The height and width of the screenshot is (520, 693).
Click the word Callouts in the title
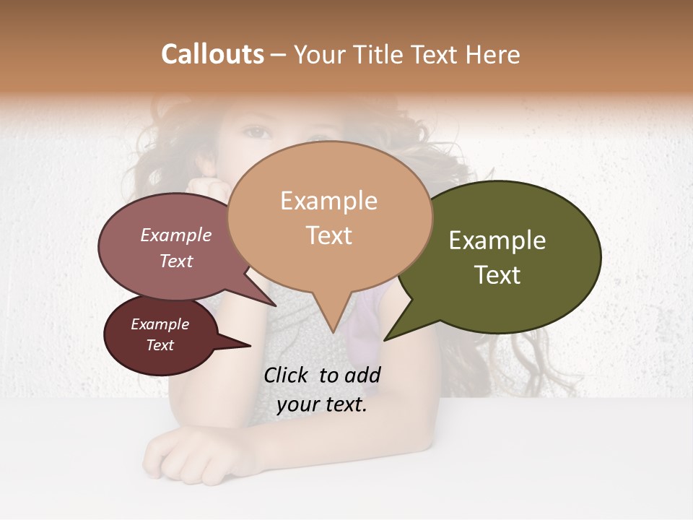click(212, 54)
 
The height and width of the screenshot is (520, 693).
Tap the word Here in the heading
click(493, 54)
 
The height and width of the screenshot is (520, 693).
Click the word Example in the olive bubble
click(497, 240)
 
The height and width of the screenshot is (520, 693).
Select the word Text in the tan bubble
click(329, 235)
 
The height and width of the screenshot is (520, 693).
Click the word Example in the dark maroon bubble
click(160, 324)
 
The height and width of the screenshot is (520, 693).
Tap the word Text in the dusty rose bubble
click(176, 261)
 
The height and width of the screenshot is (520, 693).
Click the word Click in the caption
click(287, 375)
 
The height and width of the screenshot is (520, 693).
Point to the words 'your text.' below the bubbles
click(322, 404)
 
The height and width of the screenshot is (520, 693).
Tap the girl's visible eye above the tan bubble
click(257, 133)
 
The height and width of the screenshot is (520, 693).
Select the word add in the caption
click(362, 375)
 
